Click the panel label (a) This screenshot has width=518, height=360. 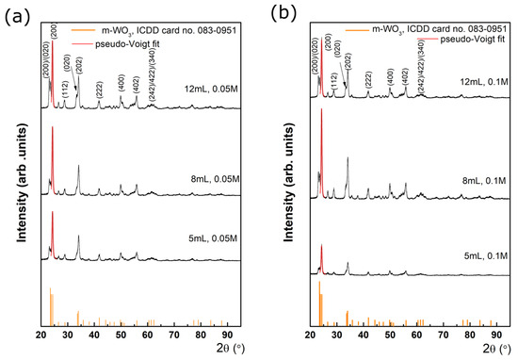(x=12, y=15)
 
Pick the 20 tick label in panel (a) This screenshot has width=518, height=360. (x=41, y=334)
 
